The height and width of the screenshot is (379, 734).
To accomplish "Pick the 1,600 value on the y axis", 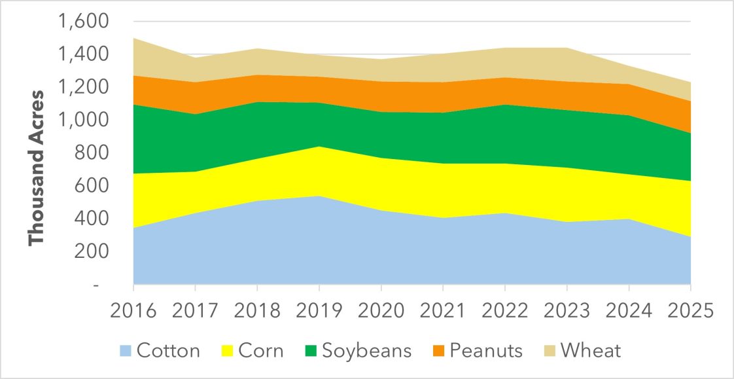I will pos(83,22).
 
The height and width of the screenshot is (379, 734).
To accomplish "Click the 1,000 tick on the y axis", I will pos(83,120).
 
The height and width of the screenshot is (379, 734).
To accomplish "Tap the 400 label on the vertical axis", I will pos(92,219).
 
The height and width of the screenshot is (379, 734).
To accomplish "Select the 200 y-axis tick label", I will pos(92,251).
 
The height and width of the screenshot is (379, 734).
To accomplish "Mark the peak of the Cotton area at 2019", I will pos(319,196).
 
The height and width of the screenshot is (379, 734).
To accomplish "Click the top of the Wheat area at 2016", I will pos(133,38).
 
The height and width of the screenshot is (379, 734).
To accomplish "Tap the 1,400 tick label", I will pos(83,55).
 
